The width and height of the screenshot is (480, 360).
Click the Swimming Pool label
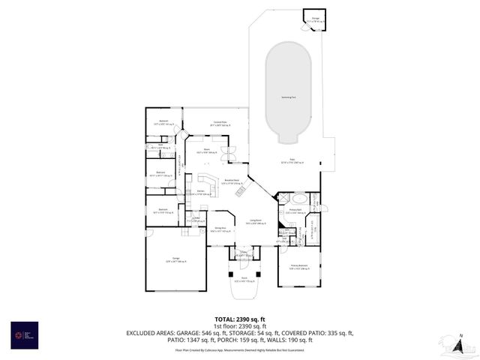(x=288, y=97)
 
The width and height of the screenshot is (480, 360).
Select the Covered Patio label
(x=220, y=123)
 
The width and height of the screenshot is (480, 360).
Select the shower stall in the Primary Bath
(x=315, y=199)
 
